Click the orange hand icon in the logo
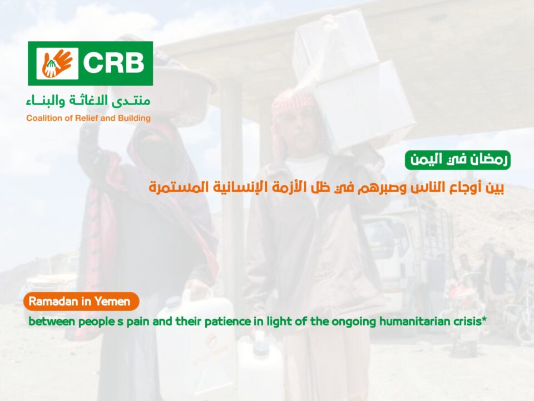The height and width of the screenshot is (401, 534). pos(57,63)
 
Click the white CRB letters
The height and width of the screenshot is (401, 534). pos(113,63)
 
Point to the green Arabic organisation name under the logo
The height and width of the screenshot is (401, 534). pos(88,101)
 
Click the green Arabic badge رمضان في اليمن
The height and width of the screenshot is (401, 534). pos(457,160)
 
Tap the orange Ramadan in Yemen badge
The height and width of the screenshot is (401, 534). pos(81,301)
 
